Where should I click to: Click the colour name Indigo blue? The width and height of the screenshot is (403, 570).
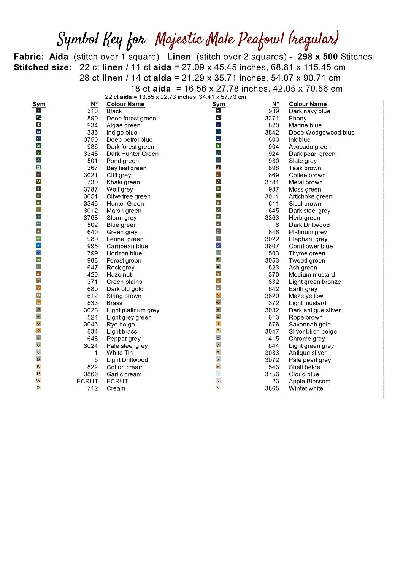click(122, 133)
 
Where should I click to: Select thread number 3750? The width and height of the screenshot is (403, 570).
click(90, 139)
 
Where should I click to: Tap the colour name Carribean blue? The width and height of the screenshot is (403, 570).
click(127, 246)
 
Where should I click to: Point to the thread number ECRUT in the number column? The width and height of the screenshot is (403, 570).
click(87, 381)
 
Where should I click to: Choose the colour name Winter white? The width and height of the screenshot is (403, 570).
click(306, 388)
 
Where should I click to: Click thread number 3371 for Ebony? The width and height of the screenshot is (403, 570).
click(272, 118)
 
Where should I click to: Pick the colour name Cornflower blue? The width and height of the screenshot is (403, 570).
click(311, 246)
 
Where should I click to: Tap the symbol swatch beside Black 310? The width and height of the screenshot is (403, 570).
click(38, 111)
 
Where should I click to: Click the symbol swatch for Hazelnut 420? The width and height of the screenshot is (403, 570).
click(38, 274)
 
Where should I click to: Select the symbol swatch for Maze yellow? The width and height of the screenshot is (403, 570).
click(218, 295)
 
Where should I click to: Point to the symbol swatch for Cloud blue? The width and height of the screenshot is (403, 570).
click(218, 374)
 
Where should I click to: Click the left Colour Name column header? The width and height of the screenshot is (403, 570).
click(125, 104)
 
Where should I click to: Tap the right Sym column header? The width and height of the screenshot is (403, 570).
click(219, 104)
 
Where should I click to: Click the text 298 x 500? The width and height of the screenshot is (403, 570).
click(317, 57)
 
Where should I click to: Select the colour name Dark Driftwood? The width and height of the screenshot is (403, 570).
click(309, 225)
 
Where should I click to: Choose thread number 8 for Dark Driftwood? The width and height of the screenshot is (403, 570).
click(277, 225)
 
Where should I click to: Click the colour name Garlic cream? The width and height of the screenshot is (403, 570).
click(124, 374)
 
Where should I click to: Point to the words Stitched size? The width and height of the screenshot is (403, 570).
click(43, 67)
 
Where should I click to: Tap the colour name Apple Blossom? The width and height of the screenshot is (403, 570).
click(309, 381)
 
